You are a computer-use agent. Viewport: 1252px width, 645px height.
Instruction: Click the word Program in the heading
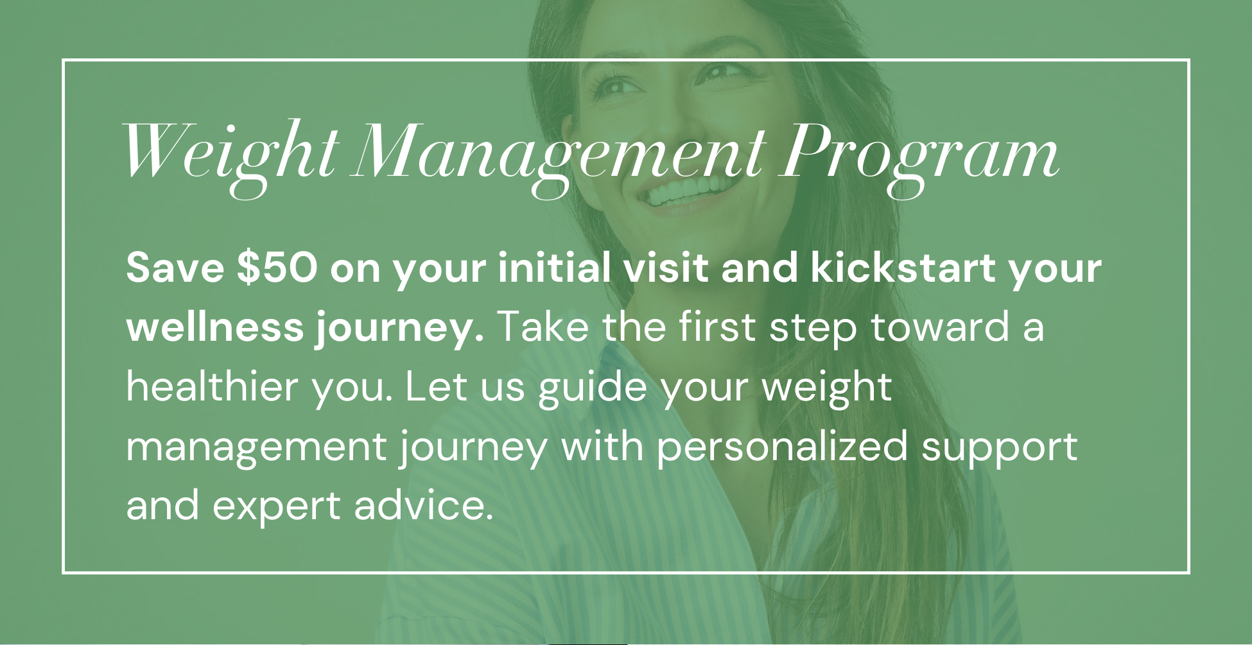coord(919,158)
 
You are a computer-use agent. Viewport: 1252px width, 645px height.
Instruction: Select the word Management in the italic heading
coord(559,158)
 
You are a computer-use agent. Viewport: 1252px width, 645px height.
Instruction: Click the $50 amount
coord(277,268)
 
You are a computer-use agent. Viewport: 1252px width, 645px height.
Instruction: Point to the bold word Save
coord(175,268)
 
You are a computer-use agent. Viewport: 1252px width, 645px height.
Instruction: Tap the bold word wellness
coord(215,327)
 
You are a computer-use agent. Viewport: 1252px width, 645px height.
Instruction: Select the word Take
coord(543,327)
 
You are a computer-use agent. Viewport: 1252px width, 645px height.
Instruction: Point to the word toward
coord(939,327)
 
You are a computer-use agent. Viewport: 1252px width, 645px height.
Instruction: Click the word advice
coord(424,506)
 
